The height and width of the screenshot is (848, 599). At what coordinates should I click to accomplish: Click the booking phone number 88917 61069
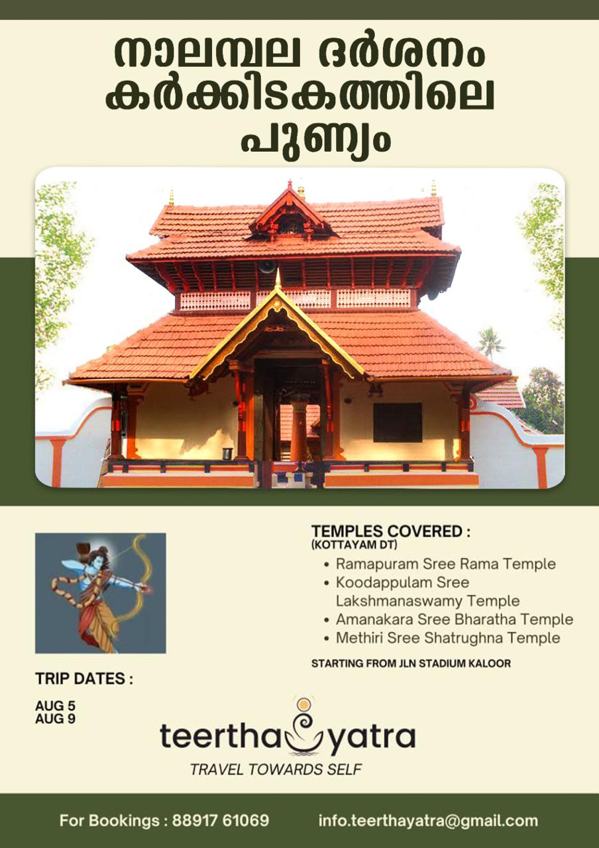pos(221,821)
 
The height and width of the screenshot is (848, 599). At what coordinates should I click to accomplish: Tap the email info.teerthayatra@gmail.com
pos(428,821)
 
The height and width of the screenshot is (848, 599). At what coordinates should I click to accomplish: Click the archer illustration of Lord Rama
pos(100,593)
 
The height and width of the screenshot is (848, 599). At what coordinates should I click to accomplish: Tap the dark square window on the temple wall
pos(398,422)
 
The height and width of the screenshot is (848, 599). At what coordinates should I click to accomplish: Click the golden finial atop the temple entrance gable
pos(278,278)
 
